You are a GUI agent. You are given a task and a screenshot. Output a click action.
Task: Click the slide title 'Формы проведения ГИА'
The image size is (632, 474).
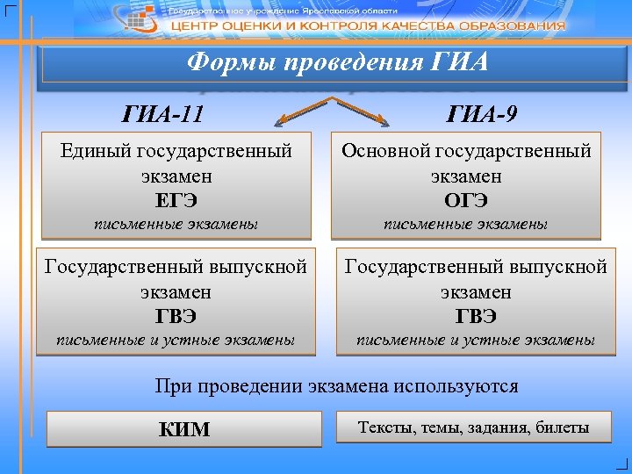(338, 63)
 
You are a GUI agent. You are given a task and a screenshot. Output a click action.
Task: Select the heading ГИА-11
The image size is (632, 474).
(167, 113)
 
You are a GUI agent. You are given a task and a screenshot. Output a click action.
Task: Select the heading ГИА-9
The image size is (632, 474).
(480, 113)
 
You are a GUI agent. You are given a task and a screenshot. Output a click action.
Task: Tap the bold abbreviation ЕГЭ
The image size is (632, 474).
(176, 201)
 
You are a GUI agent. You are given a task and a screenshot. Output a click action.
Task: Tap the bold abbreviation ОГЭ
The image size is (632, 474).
(466, 201)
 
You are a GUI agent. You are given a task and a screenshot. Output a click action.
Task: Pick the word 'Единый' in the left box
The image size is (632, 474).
(95, 151)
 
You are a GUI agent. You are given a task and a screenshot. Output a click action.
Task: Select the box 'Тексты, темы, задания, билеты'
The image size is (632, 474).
(473, 427)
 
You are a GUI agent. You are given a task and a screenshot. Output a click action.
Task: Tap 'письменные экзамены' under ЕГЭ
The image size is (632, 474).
(176, 225)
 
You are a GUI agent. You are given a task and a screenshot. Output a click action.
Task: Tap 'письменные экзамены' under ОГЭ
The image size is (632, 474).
(466, 225)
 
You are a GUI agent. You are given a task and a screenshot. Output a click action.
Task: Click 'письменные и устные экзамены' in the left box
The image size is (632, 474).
(176, 340)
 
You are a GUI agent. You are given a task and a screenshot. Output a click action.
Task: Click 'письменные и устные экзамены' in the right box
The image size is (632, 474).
(476, 340)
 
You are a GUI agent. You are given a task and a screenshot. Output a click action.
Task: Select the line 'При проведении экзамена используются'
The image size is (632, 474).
(336, 385)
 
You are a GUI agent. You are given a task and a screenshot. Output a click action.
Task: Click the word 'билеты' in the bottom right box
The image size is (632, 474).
(563, 427)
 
